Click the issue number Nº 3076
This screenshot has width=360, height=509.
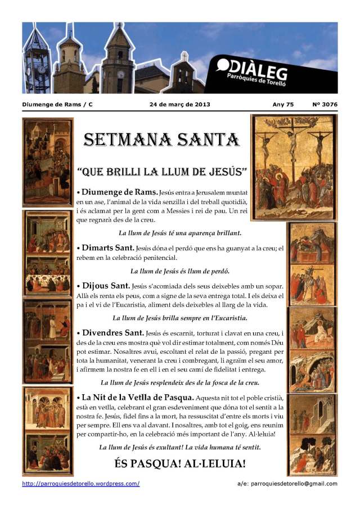[x=325, y=105]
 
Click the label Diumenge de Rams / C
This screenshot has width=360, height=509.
[x=57, y=105]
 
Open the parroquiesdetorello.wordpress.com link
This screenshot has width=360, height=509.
[x=81, y=483]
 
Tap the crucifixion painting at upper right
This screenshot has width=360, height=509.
[x=293, y=167]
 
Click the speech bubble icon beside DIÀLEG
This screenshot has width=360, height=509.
[x=223, y=66]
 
